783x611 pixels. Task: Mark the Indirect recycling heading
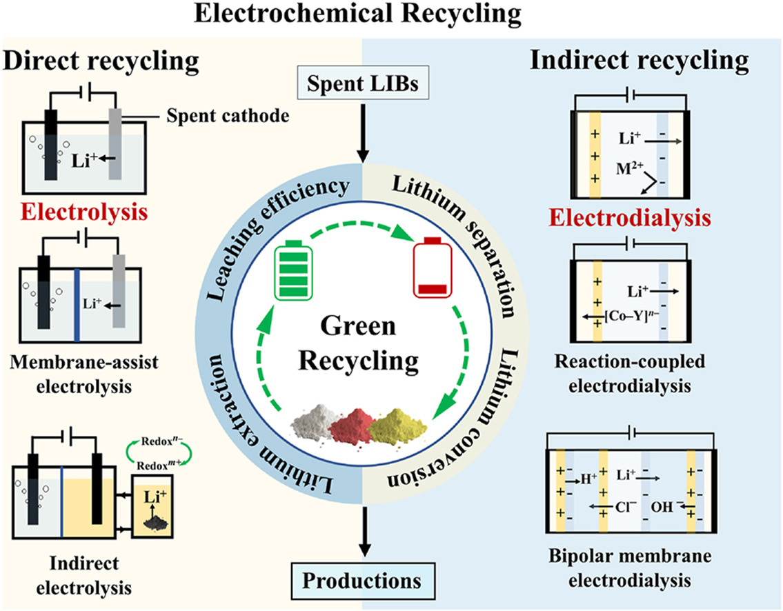point(639,61)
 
